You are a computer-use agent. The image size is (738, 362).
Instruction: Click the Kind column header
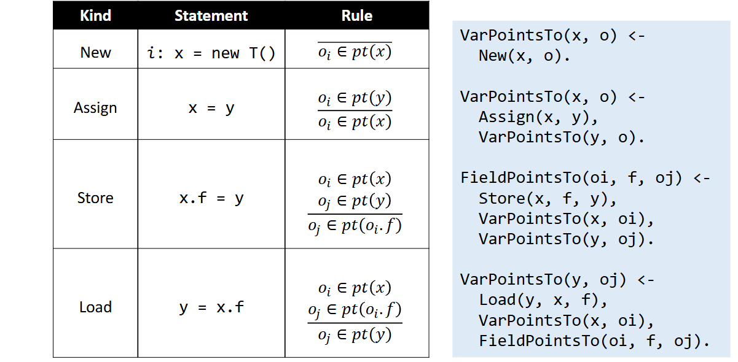tap(95, 15)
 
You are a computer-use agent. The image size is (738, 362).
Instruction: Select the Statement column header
tap(211, 15)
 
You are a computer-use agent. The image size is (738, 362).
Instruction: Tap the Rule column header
tap(357, 15)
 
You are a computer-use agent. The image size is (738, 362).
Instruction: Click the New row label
tap(95, 52)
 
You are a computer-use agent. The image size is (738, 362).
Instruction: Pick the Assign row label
tap(95, 108)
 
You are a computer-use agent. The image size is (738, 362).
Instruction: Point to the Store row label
tap(95, 198)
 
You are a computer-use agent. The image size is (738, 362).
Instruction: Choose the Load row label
tap(95, 307)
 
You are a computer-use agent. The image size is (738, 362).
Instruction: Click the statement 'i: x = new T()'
tap(211, 53)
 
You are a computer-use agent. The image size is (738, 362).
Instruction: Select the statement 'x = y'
tap(211, 108)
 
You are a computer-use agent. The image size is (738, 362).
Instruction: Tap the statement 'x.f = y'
tap(211, 198)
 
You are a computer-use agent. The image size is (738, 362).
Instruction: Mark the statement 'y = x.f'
tap(211, 307)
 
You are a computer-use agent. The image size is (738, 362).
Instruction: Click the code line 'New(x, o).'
tap(524, 56)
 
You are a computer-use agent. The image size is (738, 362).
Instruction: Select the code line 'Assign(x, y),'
tap(538, 117)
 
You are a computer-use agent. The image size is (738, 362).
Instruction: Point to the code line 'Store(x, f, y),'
tap(548, 199)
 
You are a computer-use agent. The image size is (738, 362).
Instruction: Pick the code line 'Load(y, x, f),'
tap(543, 300)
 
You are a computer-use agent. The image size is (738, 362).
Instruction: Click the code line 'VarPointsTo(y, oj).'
tap(566, 239)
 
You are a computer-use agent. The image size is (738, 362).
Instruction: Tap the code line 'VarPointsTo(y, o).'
tap(562, 137)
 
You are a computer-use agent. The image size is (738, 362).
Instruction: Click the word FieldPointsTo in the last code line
tap(539, 341)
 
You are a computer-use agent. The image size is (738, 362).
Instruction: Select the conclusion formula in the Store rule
tap(355, 226)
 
